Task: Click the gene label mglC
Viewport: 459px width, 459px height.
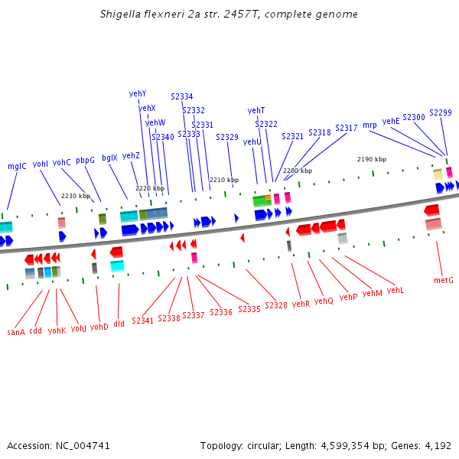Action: coord(17,166)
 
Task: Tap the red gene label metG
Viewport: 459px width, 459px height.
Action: coord(444,281)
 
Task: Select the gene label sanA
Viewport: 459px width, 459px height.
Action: coord(16,332)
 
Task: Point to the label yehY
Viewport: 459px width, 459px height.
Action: coord(138,94)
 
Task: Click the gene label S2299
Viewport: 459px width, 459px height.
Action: coord(441,112)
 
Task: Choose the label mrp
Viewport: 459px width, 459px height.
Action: coord(369,125)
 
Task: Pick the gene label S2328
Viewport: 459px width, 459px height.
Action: coord(276,305)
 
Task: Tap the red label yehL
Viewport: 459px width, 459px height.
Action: coord(396,291)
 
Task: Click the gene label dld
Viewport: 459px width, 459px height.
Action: coord(119,324)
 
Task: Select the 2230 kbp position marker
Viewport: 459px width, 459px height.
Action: coord(76,196)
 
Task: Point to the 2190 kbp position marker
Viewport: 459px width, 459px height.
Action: coord(372,159)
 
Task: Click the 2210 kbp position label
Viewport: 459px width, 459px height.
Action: coord(224,180)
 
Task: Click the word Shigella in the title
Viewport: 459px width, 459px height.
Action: coord(122,15)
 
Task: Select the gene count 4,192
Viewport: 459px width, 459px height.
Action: coord(437,445)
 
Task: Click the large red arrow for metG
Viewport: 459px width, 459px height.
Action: coord(432,210)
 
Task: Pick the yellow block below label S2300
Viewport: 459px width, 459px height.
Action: coord(438,174)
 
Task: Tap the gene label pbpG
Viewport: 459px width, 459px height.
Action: coord(85,161)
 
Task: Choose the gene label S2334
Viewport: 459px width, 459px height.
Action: coord(182,97)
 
